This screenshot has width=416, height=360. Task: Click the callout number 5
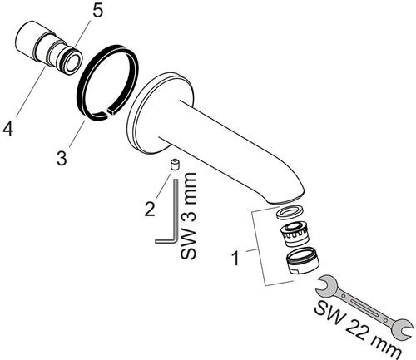tap(97, 12)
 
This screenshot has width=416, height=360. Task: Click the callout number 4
tap(8, 129)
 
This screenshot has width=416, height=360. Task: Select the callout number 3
tap(62, 158)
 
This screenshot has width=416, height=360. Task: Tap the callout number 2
tap(150, 209)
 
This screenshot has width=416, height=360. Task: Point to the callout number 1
tap(235, 258)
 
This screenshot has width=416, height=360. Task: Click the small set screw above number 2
tap(175, 165)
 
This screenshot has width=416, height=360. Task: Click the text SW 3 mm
tap(188, 215)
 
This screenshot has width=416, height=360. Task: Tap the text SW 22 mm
tap(358, 330)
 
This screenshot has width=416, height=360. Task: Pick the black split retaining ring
tap(107, 82)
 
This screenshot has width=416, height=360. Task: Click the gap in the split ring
tap(107, 112)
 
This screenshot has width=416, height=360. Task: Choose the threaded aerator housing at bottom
tap(302, 261)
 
